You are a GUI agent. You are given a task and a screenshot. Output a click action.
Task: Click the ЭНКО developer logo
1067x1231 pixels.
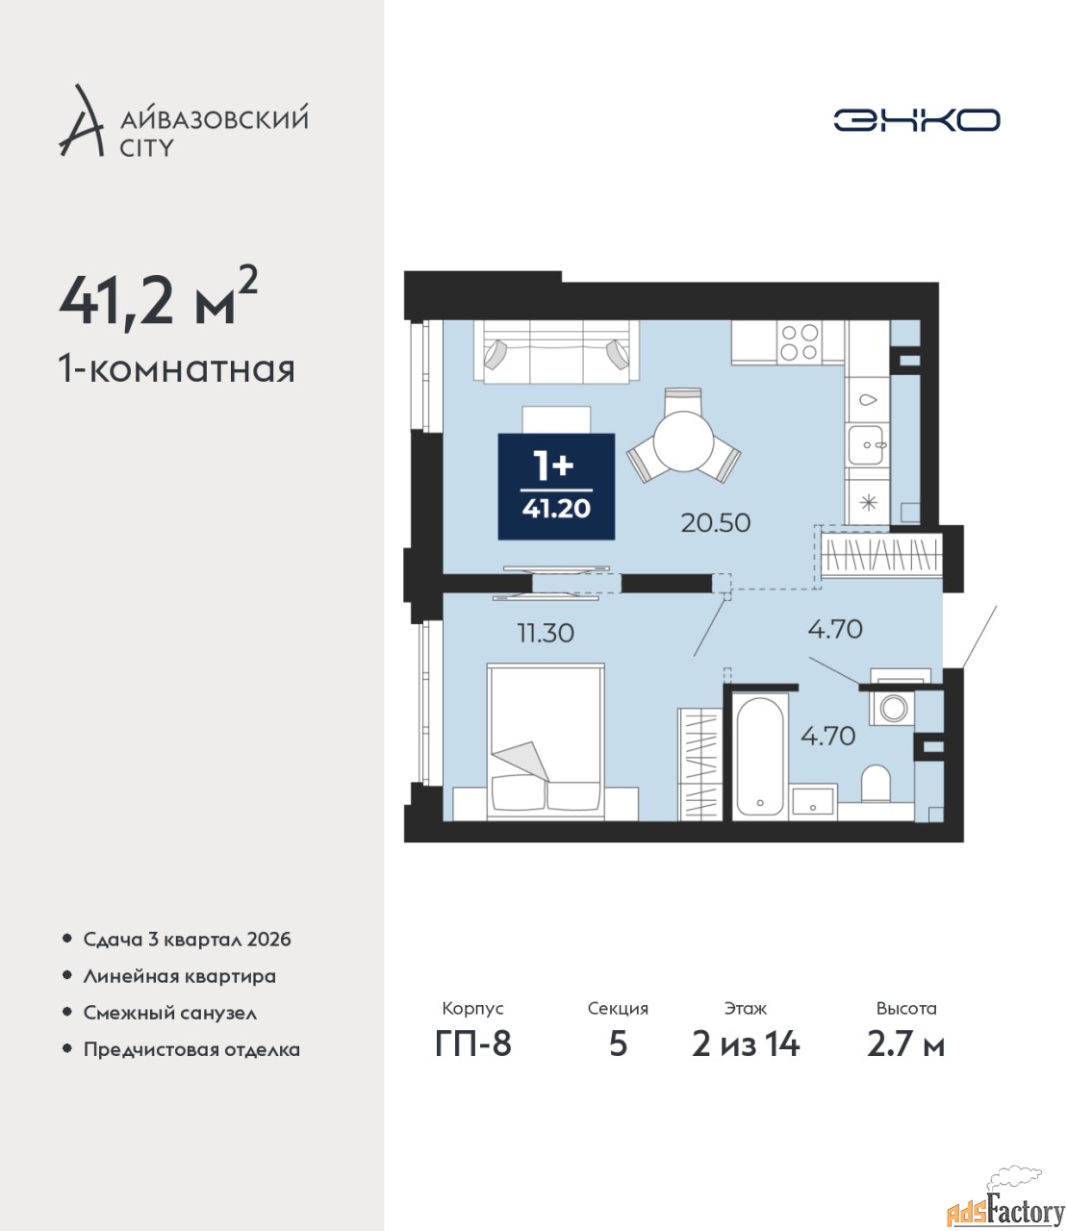[x=916, y=119]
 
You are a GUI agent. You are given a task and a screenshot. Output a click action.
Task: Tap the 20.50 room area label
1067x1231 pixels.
[x=716, y=523]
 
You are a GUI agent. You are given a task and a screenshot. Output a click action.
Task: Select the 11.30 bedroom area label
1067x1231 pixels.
[x=546, y=633]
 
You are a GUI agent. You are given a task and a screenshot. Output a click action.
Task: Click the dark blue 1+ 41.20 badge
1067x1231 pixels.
[x=556, y=487]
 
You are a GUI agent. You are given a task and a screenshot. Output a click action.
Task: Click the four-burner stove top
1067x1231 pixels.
[x=800, y=341]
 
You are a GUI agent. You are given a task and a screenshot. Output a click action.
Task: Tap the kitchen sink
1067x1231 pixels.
[x=865, y=444]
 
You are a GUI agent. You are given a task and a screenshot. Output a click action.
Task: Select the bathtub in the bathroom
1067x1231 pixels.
[x=759, y=756]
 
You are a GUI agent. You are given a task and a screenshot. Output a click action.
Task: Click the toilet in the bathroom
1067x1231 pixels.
[x=876, y=783]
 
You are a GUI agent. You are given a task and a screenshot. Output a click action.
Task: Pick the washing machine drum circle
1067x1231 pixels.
[x=893, y=708]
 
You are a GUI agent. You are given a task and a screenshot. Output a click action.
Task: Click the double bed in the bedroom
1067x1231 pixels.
[x=546, y=741]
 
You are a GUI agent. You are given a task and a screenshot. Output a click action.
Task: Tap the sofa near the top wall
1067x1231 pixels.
[x=556, y=351]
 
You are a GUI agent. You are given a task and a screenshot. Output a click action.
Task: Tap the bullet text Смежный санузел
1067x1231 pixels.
[x=169, y=1013]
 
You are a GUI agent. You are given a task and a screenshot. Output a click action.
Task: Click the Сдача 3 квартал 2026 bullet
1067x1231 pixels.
[x=187, y=940]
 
